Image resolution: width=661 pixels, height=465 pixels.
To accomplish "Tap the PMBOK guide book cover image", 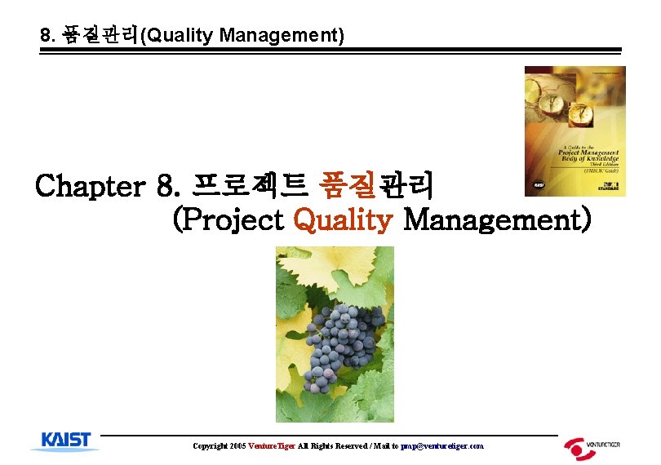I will [574, 131].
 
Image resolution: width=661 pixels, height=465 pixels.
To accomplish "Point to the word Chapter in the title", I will [90, 185].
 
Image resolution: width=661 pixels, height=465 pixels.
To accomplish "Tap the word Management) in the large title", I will [497, 219].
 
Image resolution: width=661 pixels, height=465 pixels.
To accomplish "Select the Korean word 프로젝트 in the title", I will [249, 185].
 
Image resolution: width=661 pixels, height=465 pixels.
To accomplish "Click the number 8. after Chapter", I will [168, 185].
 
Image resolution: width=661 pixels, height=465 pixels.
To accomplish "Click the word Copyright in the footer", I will [210, 446].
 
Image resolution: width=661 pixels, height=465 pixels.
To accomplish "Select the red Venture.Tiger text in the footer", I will [272, 446].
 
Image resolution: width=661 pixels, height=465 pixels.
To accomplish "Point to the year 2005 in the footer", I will [237, 446].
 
